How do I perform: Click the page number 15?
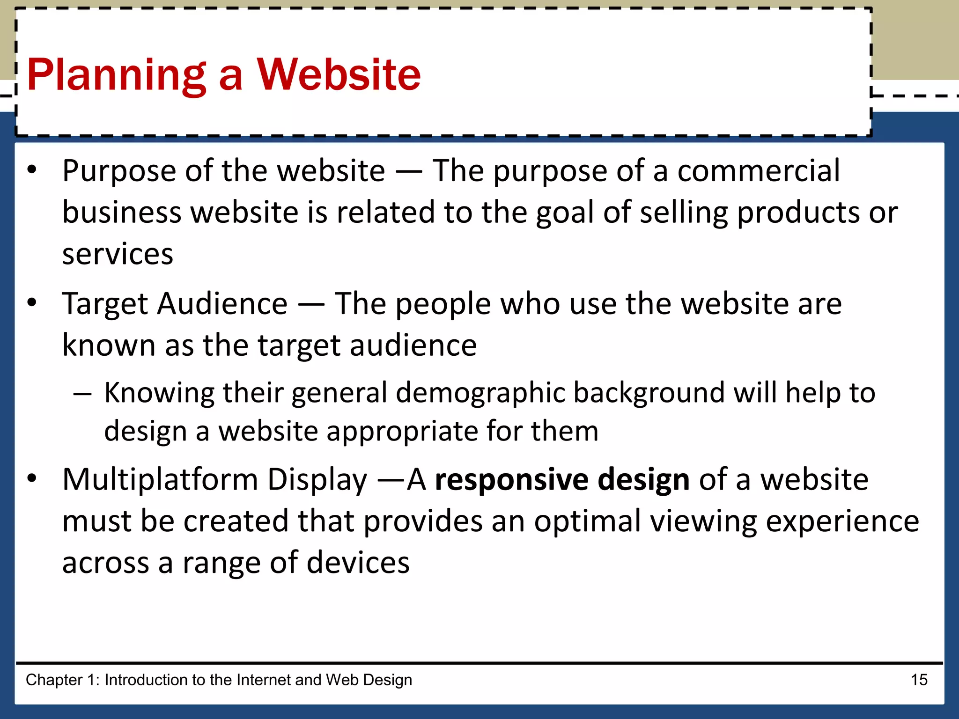(x=919, y=680)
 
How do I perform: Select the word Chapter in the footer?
(x=54, y=680)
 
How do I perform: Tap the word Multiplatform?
(x=160, y=480)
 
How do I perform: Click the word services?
(x=118, y=255)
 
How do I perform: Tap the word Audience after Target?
(x=222, y=304)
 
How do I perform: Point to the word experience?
(x=842, y=522)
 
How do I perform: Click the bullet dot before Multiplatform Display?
(x=32, y=478)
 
